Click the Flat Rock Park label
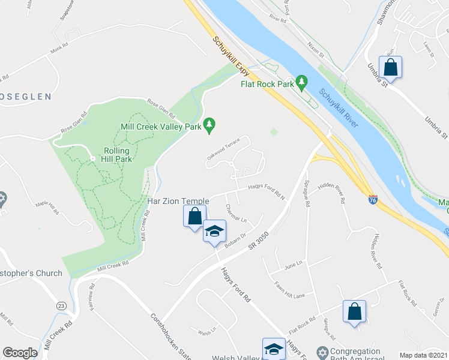[x=267, y=84]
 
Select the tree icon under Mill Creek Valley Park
[x=209, y=125]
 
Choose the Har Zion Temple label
[x=178, y=201]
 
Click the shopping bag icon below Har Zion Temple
[x=194, y=216]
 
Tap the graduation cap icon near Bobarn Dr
[x=214, y=232]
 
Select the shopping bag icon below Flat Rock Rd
[x=354, y=311]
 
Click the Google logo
[x=20, y=353]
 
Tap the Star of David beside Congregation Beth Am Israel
[x=322, y=352]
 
